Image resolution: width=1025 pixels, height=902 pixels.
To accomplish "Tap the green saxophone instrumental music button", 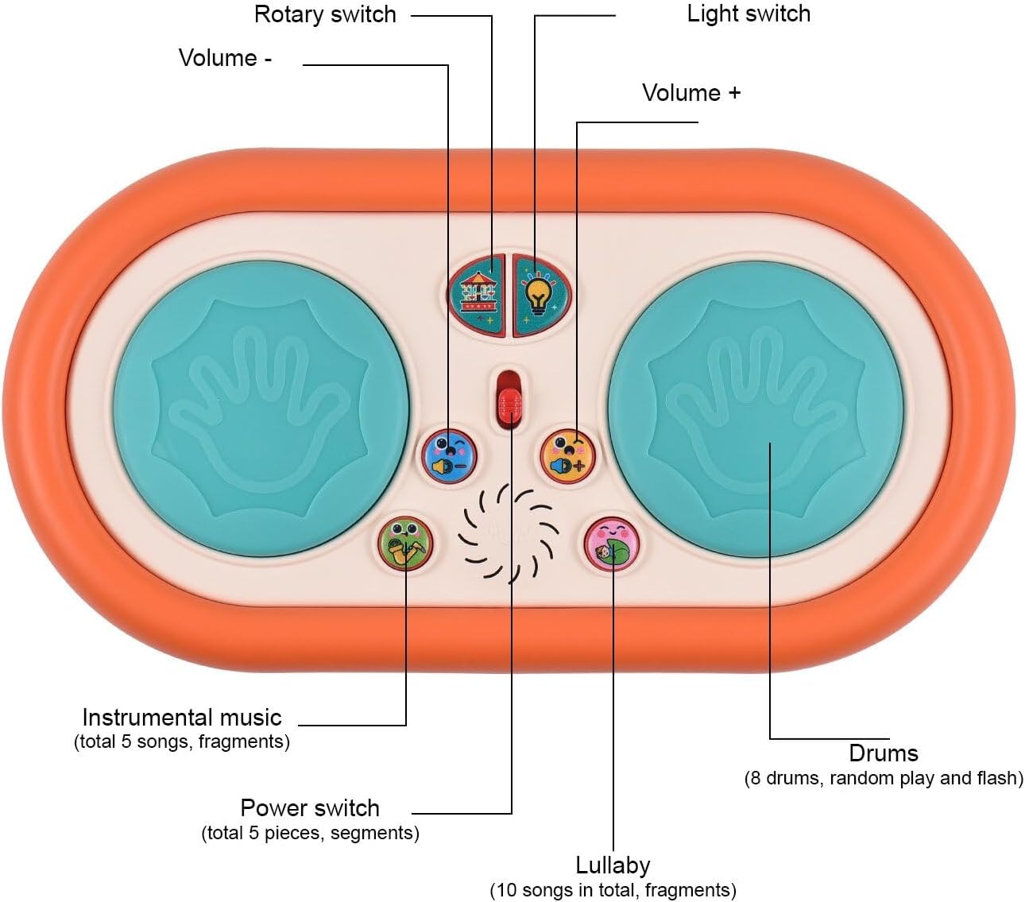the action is (x=405, y=543).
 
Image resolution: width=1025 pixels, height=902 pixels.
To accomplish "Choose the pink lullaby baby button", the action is (x=611, y=544).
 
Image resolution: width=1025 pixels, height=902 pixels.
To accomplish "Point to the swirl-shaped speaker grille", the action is (x=509, y=532).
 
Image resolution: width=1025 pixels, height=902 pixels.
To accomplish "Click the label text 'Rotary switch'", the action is (x=325, y=14).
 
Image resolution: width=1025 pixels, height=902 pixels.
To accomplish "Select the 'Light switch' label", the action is (x=748, y=14).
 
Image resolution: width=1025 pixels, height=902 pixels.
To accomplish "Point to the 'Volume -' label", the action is (x=225, y=58).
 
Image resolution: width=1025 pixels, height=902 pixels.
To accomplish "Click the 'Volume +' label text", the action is (x=691, y=93).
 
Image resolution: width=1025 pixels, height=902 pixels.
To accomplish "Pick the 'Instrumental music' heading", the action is (x=182, y=718).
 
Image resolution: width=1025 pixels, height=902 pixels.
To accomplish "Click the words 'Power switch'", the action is (x=310, y=807).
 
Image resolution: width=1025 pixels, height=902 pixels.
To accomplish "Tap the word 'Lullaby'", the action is (x=613, y=865).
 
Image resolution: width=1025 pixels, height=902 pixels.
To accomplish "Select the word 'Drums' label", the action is (x=884, y=753).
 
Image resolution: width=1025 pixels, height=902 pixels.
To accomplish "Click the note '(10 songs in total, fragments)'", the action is (x=613, y=890).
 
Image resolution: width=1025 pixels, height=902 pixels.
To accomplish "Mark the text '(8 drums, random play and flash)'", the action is (x=884, y=778).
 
